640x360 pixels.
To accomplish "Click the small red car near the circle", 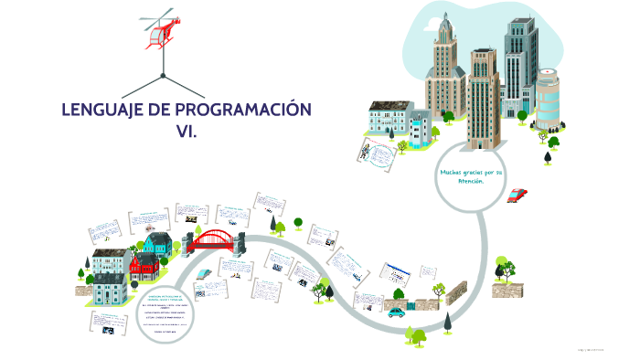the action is click(x=517, y=194).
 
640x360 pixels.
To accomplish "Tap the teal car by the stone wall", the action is click(x=396, y=312).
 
